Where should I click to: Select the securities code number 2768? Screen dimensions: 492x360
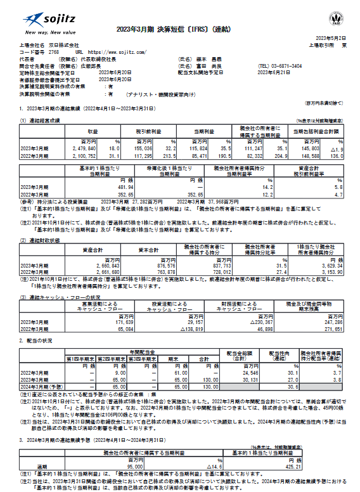click(53, 51)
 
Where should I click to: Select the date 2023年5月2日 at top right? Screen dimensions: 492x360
click(331, 38)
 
